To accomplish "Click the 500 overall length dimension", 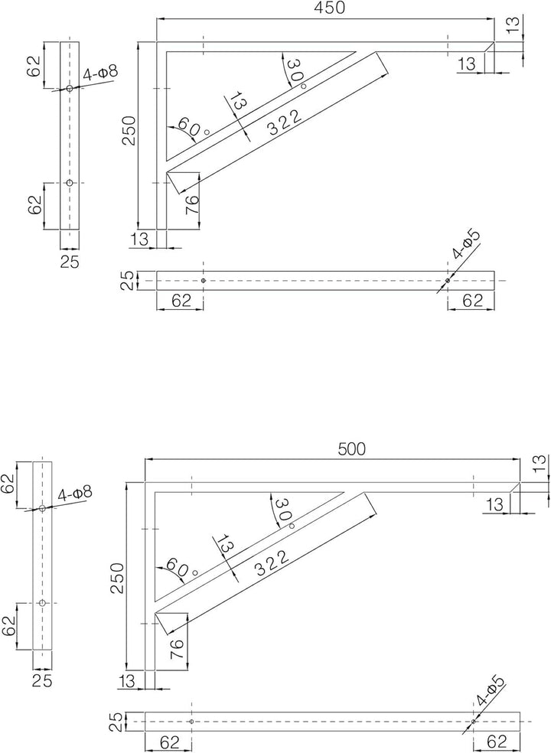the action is (351, 449).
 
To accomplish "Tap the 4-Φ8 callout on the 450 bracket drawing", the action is (100, 73).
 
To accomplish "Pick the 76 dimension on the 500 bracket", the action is (178, 649).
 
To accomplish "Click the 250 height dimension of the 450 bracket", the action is (129, 131).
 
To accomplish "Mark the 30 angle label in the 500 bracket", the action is (283, 510).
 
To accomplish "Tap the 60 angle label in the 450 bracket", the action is (188, 127).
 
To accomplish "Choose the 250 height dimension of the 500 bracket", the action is (118, 578).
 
